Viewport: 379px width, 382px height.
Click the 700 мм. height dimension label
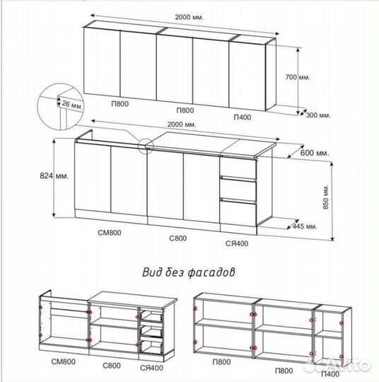(x=298, y=77)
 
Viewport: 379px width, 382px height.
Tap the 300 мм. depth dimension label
(x=318, y=115)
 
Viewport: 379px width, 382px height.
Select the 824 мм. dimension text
(x=54, y=175)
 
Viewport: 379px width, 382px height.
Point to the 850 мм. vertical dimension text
(x=326, y=197)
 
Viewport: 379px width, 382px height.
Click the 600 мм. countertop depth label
(x=315, y=153)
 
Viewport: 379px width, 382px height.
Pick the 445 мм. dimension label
(x=305, y=226)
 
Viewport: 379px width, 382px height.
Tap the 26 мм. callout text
(x=72, y=105)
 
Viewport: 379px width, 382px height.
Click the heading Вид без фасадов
(x=189, y=272)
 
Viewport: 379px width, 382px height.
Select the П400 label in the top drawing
(x=243, y=117)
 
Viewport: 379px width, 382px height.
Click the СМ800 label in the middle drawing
(x=110, y=233)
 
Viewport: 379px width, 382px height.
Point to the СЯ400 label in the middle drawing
(x=237, y=243)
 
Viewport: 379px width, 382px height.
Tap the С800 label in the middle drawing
(x=177, y=238)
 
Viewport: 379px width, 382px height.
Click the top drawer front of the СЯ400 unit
(x=238, y=167)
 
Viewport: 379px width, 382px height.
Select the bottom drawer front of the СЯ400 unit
(x=238, y=213)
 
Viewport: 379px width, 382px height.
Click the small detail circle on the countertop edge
(x=146, y=146)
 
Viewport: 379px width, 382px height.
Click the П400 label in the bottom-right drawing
(x=330, y=374)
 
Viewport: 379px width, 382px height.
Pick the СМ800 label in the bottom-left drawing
(x=64, y=361)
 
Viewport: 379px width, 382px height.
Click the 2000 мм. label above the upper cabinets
(x=189, y=17)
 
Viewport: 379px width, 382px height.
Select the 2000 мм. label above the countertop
(x=182, y=125)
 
